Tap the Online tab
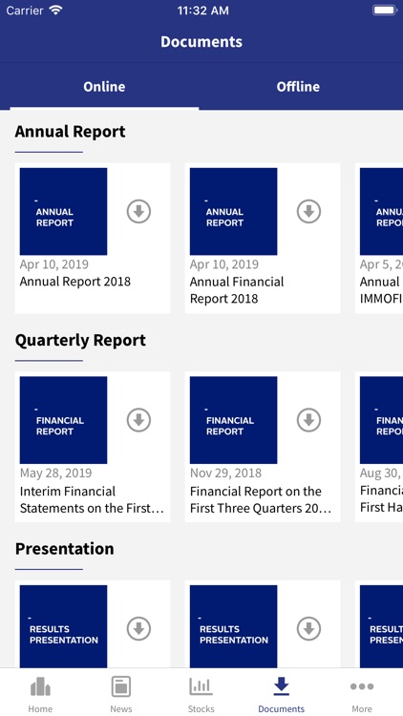point(104,87)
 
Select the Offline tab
point(298,87)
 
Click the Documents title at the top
point(201,42)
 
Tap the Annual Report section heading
point(70,132)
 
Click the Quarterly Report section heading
point(80,340)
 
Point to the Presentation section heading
point(64,549)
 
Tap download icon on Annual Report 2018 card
point(139,212)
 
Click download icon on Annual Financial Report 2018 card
point(308,212)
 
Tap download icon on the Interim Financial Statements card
point(139,420)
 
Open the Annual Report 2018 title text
point(75,282)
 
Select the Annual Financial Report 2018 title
point(237,289)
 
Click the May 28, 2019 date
point(56,473)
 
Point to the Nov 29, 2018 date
point(225,473)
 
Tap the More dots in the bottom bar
point(362,687)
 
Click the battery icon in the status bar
point(384,11)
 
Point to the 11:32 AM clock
point(201,11)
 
